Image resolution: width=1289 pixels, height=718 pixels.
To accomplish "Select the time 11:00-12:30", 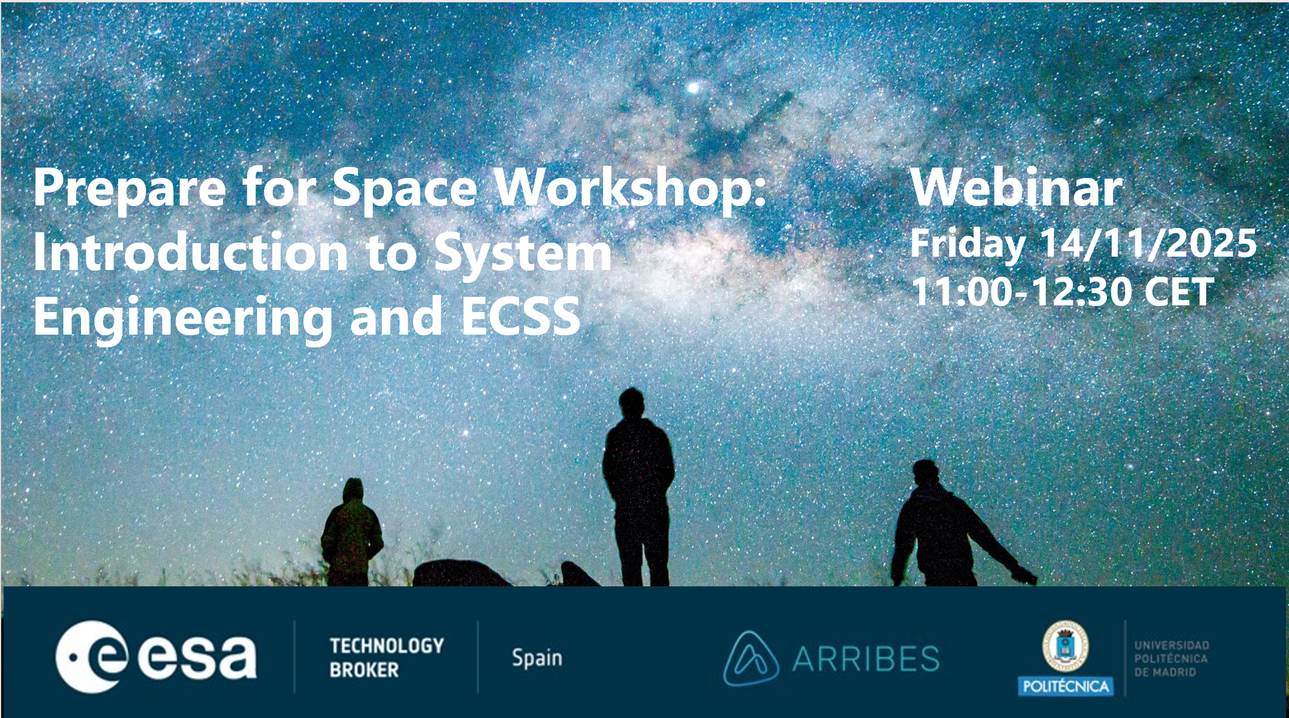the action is tap(1021, 291).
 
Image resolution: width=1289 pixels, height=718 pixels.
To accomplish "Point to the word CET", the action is tap(1179, 292).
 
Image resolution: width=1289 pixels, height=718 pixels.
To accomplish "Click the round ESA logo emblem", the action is tap(92, 657).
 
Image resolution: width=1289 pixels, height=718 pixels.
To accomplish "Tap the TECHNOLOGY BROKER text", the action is tap(387, 658).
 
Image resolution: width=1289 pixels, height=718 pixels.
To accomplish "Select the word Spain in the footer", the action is tap(537, 658).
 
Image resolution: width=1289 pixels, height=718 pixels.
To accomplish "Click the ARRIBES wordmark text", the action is tap(866, 659).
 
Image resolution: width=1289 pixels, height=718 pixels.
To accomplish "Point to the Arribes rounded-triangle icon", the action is tap(750, 658).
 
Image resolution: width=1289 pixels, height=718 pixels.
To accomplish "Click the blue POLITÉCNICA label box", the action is tap(1065, 686).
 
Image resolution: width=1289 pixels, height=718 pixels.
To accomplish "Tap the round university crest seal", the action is tap(1065, 646).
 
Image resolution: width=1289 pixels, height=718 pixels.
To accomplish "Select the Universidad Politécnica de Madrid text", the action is tap(1171, 658).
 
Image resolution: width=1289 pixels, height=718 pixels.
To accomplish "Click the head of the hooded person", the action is tap(353, 491).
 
